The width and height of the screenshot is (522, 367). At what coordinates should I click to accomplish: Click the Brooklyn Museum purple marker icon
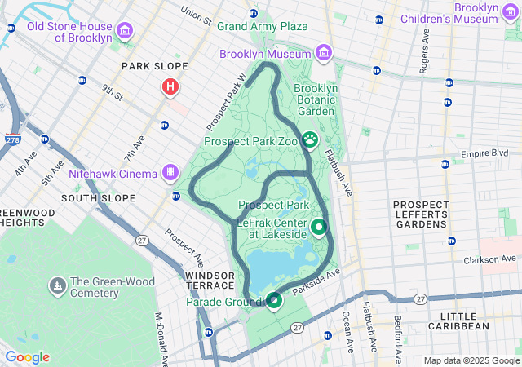[x=324, y=53]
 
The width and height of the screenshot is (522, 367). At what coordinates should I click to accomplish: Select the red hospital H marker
[x=170, y=86]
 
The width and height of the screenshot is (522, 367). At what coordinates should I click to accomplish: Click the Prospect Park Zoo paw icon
[x=310, y=140]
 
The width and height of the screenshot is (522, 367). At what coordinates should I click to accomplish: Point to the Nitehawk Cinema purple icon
[x=170, y=173]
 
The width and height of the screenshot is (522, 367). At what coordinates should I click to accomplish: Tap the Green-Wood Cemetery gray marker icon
[x=58, y=286]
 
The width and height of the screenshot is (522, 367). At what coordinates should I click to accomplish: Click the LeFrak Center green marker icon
[x=318, y=228]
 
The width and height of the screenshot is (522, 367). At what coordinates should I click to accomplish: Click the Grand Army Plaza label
[x=262, y=26]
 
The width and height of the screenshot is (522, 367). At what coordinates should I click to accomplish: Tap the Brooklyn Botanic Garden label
[x=315, y=99]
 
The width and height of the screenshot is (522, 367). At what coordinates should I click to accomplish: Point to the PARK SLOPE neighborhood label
[x=154, y=66]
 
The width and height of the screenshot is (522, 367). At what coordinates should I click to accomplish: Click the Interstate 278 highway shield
[x=12, y=140]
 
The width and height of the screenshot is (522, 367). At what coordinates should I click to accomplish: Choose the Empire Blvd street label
[x=484, y=153]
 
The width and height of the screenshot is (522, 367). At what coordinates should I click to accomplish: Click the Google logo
[x=28, y=357]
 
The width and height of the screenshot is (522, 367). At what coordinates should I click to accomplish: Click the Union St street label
[x=197, y=14]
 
